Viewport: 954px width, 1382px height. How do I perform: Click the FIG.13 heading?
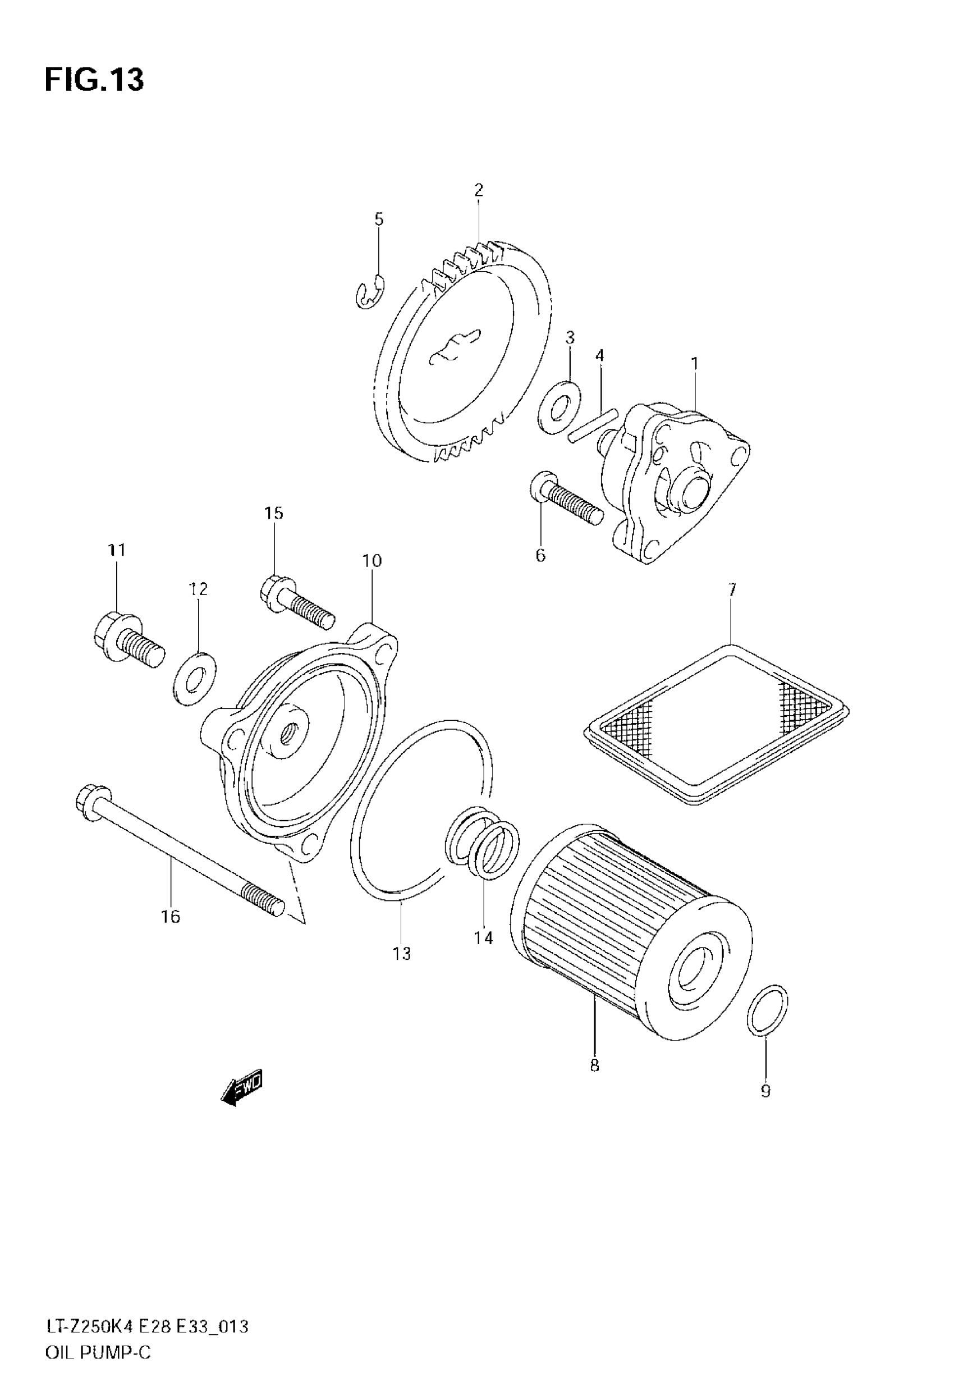coord(94,80)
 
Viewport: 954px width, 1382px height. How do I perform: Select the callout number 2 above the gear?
coord(478,191)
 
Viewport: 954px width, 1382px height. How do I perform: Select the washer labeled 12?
coord(195,680)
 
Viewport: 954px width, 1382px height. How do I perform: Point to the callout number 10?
coord(372,561)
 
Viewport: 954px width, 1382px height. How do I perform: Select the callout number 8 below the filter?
coord(594,1065)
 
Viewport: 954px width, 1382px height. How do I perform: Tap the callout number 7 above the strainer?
coord(732,590)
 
